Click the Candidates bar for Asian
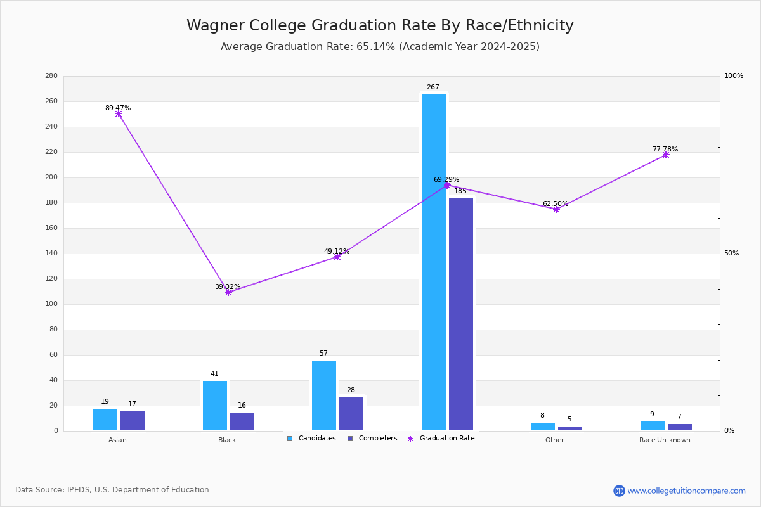tap(105, 419)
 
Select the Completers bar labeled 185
tap(461, 314)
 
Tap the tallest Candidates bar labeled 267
tap(434, 262)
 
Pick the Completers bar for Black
tap(242, 421)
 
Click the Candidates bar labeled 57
tap(324, 395)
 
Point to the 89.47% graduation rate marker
tap(119, 114)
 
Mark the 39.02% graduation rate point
tap(228, 292)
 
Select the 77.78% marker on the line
tap(665, 155)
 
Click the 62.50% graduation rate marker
tap(556, 209)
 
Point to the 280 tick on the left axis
tap(51, 76)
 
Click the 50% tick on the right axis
tap(731, 253)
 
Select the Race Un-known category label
tap(665, 440)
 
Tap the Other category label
tap(554, 440)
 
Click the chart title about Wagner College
tap(380, 25)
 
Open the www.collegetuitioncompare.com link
tap(686, 491)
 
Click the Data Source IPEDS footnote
tap(112, 490)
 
